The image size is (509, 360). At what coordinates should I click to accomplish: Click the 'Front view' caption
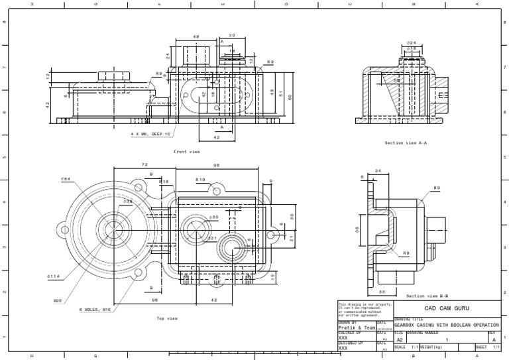(186, 152)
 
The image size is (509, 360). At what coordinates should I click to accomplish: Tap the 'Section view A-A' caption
(406, 143)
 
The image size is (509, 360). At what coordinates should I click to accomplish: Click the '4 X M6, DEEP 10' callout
(150, 133)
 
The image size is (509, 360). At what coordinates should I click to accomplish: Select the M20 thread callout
(57, 300)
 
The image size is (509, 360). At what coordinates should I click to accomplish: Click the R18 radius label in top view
(164, 181)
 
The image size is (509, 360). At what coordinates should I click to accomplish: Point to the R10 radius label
(199, 180)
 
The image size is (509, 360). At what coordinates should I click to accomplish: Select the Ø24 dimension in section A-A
(411, 42)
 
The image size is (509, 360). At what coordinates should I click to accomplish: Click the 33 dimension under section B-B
(382, 291)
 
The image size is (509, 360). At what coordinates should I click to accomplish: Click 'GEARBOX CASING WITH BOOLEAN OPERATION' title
(446, 326)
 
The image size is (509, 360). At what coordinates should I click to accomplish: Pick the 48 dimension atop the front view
(196, 37)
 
